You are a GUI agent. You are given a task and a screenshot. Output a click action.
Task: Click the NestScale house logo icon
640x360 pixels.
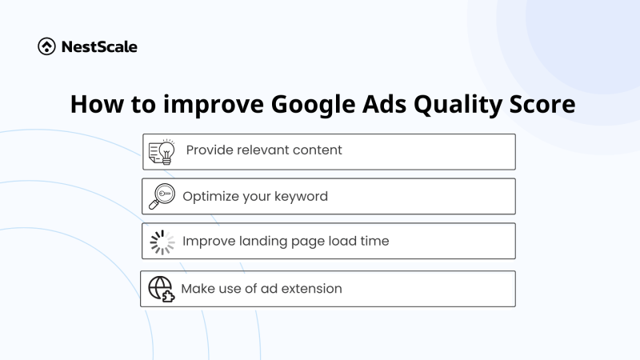pyautogui.click(x=46, y=46)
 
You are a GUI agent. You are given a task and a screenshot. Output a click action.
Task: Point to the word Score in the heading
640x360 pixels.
pyautogui.click(x=545, y=106)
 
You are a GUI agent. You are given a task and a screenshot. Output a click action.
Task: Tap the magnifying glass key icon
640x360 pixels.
pyautogui.click(x=162, y=196)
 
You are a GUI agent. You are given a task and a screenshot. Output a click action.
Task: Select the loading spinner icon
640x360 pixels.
pyautogui.click(x=162, y=241)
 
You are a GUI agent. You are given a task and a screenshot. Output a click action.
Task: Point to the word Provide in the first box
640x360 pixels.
pyautogui.click(x=210, y=150)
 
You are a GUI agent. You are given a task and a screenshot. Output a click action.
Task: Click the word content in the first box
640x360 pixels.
pyautogui.click(x=317, y=150)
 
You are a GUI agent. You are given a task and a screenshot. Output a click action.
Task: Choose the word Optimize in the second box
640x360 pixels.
pyautogui.click(x=210, y=197)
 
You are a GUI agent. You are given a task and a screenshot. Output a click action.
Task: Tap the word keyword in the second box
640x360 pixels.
pyautogui.click(x=299, y=197)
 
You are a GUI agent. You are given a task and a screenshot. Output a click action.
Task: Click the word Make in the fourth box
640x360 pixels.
pyautogui.click(x=197, y=289)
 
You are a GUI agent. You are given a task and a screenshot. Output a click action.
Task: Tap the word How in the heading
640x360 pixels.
pyautogui.click(x=94, y=106)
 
